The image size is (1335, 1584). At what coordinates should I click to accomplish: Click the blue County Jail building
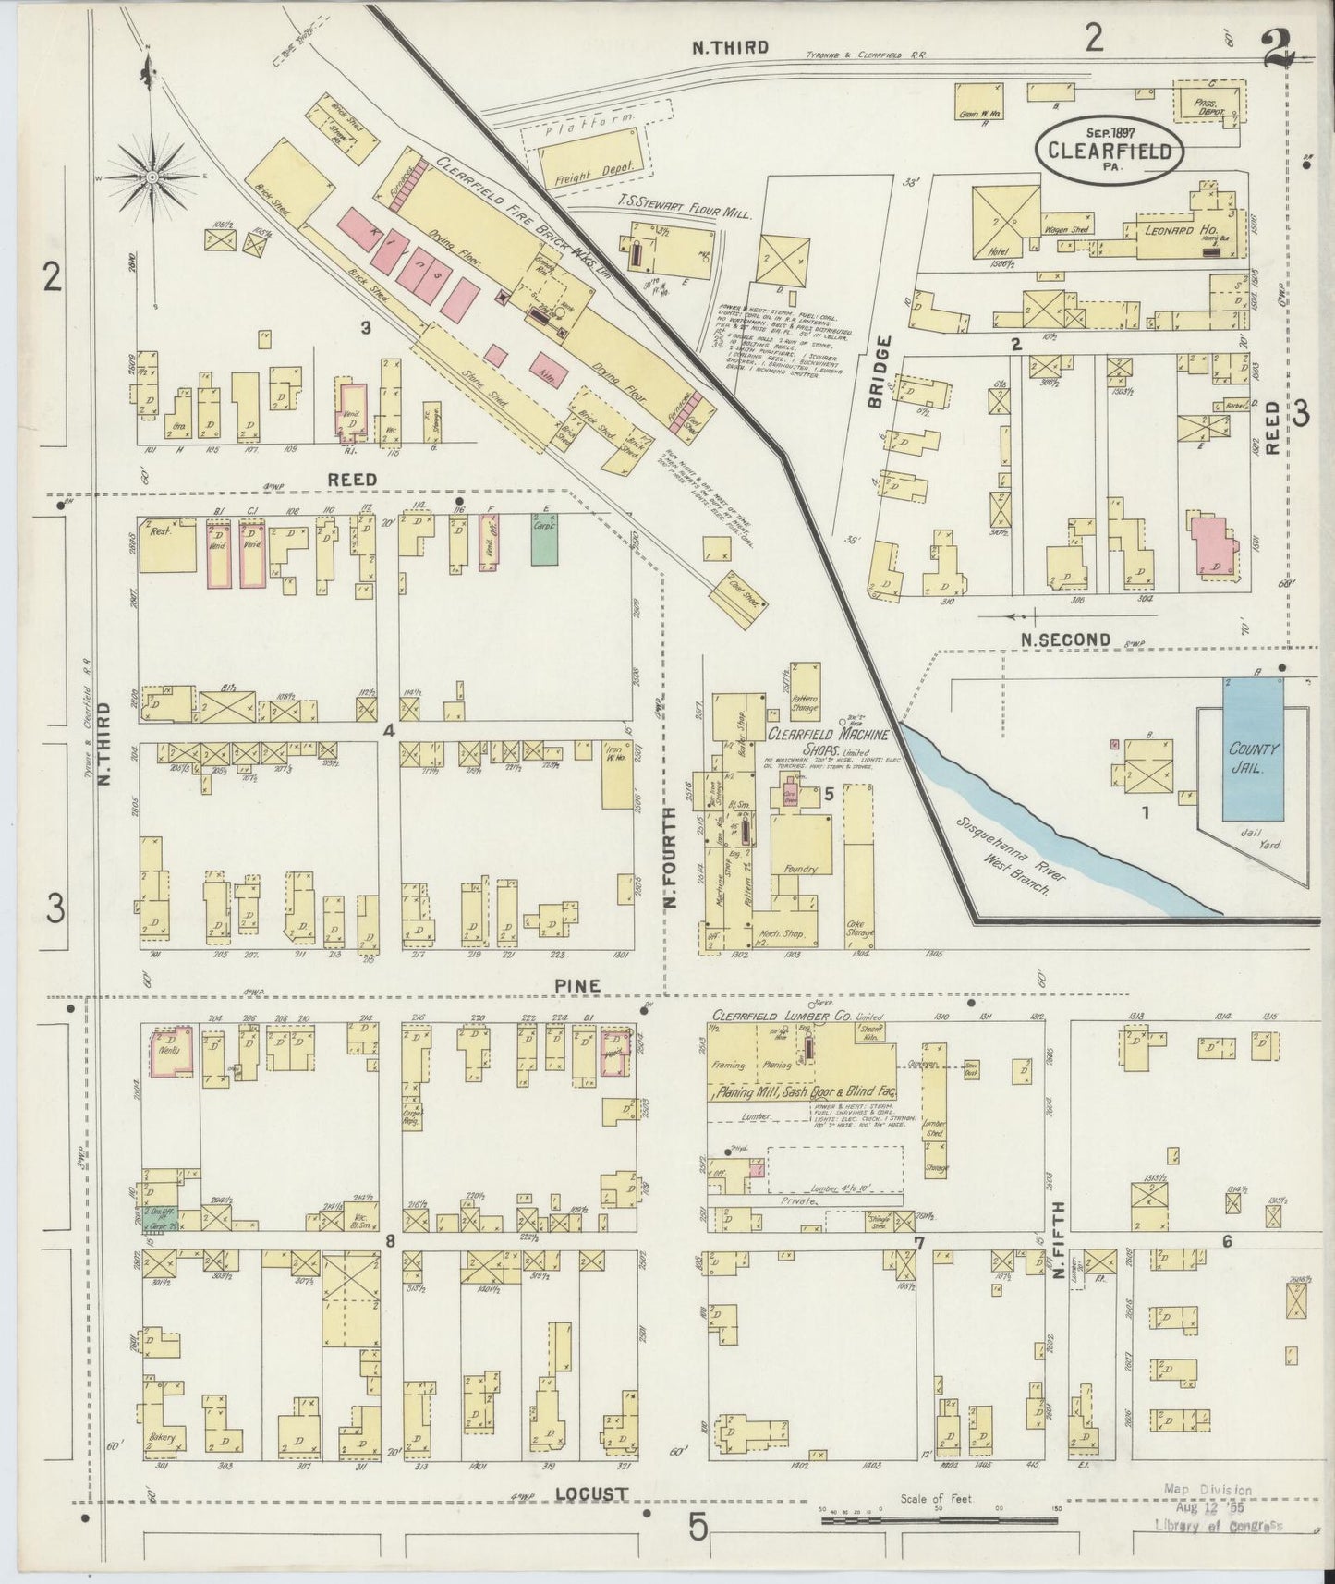pyautogui.click(x=1254, y=750)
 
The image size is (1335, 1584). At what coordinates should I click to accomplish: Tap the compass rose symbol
pyautogui.click(x=153, y=174)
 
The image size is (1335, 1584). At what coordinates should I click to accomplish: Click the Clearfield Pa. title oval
pyautogui.click(x=1110, y=152)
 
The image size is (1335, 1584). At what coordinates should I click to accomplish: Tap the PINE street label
pyautogui.click(x=577, y=986)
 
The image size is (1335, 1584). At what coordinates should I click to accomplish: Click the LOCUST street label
pyautogui.click(x=592, y=1493)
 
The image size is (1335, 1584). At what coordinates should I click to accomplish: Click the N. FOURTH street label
pyautogui.click(x=672, y=856)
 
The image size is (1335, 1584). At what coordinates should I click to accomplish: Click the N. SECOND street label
pyautogui.click(x=1065, y=640)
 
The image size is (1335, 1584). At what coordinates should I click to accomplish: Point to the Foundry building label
pyautogui.click(x=797, y=869)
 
